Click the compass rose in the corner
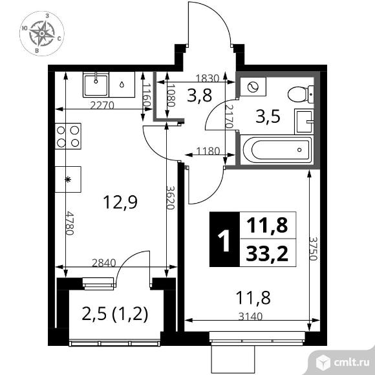point(41,34)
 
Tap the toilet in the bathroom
point(301,94)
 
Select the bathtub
point(276,150)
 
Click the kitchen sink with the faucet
point(96,85)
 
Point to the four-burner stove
point(68,136)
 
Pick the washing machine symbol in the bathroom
point(253,87)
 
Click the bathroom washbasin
point(304,122)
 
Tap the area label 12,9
point(120,202)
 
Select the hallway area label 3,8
point(199,95)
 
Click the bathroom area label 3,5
point(268,117)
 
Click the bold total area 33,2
point(267,253)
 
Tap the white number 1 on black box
point(224,240)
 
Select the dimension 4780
point(70,223)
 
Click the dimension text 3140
point(250,317)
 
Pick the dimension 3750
point(313,248)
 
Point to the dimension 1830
point(208,78)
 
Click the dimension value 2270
point(102,105)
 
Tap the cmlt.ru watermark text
point(351,363)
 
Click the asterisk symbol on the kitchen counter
point(68,179)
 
